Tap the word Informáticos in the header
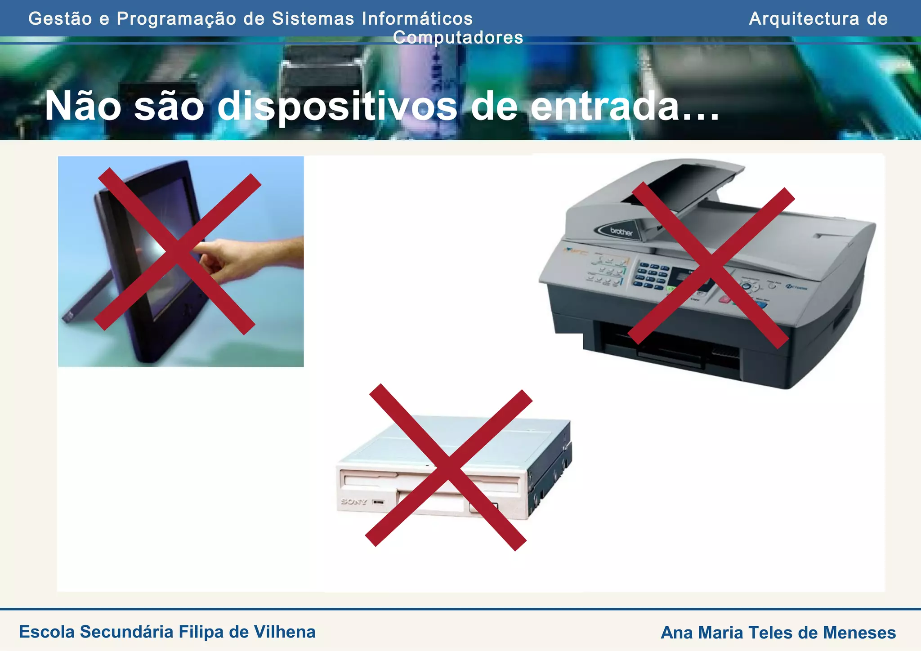click(417, 19)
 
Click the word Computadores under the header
click(458, 37)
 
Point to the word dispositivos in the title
click(337, 107)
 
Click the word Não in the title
click(83, 107)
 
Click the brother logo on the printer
click(621, 232)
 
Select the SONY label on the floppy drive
click(354, 501)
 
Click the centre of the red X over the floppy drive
click(448, 468)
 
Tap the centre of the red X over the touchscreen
click(178, 252)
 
